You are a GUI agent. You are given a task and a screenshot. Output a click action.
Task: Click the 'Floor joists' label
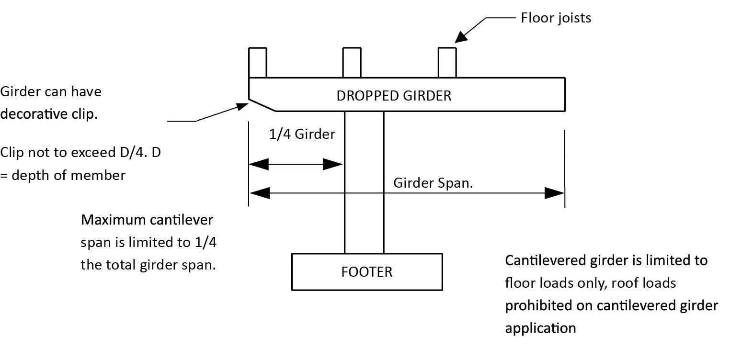556,18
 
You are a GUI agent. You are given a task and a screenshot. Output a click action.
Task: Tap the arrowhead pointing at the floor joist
461,37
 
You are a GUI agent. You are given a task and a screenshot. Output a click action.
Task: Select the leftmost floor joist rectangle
258,62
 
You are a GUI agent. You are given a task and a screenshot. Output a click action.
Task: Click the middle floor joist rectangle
352,62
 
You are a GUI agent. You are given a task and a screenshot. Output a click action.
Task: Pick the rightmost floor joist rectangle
447,62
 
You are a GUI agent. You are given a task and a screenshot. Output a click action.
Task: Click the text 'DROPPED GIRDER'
394,95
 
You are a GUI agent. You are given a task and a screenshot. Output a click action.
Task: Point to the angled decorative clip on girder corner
262,105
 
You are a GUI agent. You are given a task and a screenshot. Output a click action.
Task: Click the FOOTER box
367,271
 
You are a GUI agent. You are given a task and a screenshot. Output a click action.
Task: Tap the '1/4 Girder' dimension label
302,134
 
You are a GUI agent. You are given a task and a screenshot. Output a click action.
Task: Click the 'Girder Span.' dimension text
433,183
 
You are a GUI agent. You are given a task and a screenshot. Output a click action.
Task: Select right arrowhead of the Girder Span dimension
556,193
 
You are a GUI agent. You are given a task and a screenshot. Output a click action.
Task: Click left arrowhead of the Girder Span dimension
259,193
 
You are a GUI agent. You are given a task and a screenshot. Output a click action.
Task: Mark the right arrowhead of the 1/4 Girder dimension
334,165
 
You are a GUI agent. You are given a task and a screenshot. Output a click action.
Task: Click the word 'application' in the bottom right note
540,328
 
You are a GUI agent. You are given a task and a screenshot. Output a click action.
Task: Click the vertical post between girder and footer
364,182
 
